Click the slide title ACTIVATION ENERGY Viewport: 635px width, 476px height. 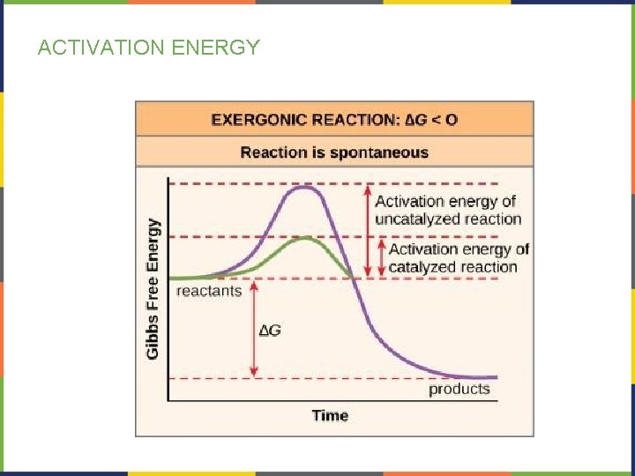(x=149, y=48)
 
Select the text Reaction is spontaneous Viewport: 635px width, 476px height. (x=333, y=152)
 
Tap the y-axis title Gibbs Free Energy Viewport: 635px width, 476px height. (x=153, y=288)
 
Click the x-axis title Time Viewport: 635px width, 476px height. (x=330, y=415)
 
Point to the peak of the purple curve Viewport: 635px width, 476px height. (x=306, y=187)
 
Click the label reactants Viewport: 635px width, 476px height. (x=209, y=290)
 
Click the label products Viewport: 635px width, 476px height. (x=459, y=389)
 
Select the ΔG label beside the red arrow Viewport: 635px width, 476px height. (x=271, y=331)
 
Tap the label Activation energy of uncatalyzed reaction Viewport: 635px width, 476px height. (x=447, y=210)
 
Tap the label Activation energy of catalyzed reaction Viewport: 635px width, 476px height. (x=459, y=257)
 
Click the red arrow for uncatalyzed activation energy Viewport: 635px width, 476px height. (x=369, y=231)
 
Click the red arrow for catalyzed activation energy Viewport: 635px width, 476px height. (x=380, y=257)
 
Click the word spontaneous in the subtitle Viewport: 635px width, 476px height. (x=380, y=152)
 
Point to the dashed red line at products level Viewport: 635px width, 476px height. (x=353, y=379)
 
